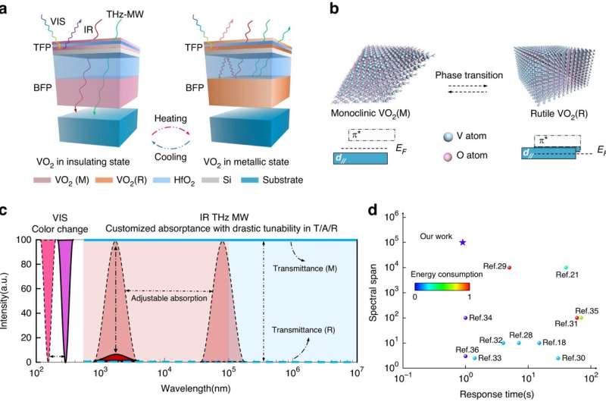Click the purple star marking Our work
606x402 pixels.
463,242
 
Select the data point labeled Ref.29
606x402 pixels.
509,268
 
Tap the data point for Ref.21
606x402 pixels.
566,268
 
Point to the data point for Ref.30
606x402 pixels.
558,358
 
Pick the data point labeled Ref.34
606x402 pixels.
465,318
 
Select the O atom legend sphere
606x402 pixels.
450,155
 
